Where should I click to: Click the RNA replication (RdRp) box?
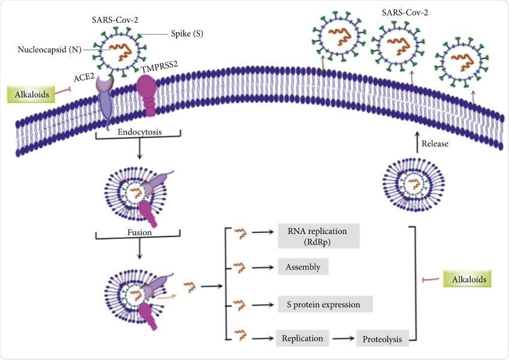(x=318, y=236)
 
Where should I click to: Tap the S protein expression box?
(x=325, y=304)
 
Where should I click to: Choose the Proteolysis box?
(x=382, y=339)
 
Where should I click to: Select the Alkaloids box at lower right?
(x=468, y=279)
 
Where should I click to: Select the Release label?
(x=436, y=144)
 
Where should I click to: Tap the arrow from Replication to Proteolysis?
(x=342, y=338)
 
